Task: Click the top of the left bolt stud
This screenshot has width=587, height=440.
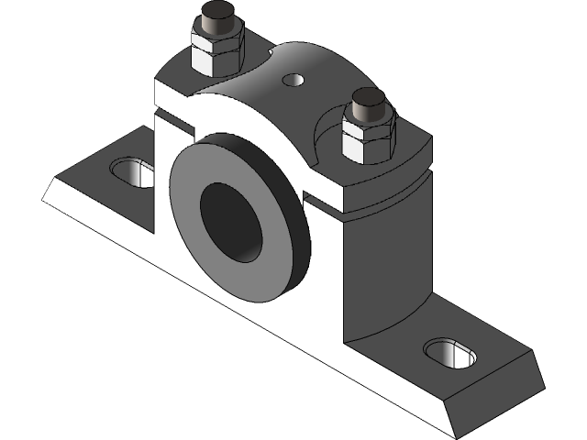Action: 216,16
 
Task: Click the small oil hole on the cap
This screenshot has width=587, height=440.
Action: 293,80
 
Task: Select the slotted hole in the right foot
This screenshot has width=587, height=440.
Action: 450,354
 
